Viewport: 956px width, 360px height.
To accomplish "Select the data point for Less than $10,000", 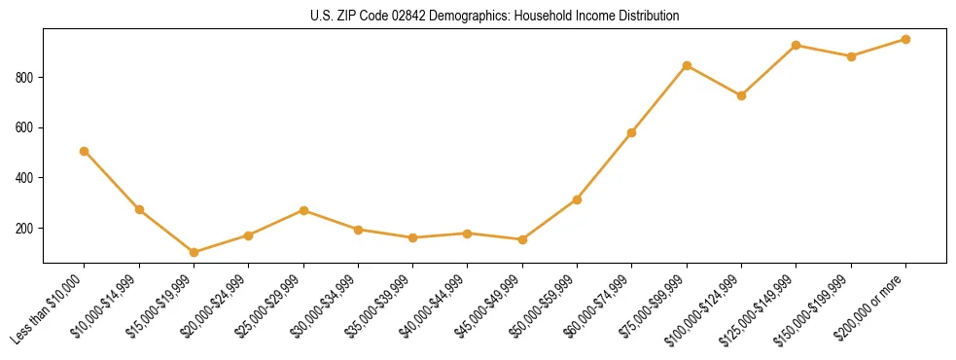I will pos(85,151).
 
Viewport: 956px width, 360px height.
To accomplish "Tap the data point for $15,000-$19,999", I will pos(194,252).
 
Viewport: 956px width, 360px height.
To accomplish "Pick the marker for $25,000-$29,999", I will pos(303,210).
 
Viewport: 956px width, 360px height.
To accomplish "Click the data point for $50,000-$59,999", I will pos(577,199).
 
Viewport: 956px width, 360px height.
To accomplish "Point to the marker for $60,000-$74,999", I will pos(632,132).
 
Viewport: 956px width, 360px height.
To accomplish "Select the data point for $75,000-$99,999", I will pos(687,65).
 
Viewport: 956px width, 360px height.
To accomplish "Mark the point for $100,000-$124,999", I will pos(741,95).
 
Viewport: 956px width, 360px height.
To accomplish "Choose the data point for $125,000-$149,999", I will pos(797,45).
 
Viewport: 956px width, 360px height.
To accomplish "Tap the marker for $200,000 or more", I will pos(905,39).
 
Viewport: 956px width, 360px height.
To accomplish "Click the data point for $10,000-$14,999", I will pos(139,209).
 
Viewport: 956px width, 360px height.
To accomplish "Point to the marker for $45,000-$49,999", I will pos(522,239).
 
